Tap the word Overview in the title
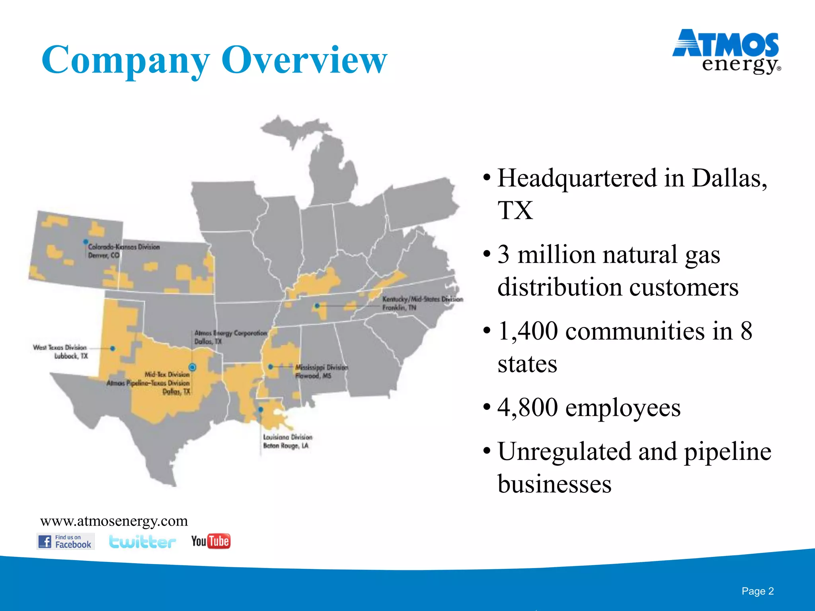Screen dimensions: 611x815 click(x=304, y=60)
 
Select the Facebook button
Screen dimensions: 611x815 click(x=66, y=541)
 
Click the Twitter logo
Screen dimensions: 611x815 click(x=142, y=541)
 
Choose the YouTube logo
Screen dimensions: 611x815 click(x=211, y=541)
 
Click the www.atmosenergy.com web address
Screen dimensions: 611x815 click(x=114, y=521)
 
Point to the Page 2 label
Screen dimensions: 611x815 click(x=757, y=591)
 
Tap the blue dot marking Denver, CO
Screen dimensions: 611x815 click(x=86, y=242)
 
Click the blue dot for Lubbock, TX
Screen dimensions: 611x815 click(x=113, y=348)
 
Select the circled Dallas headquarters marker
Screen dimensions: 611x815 click(x=193, y=367)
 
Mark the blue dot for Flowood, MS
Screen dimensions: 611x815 click(x=271, y=367)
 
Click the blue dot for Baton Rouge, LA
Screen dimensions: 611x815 click(x=261, y=409)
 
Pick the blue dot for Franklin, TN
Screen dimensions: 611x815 click(x=317, y=306)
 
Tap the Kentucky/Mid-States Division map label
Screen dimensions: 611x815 click(x=422, y=299)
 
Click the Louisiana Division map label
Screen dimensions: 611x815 click(x=287, y=437)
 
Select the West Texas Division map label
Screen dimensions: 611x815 click(x=60, y=347)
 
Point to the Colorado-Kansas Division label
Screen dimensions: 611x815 click(x=124, y=247)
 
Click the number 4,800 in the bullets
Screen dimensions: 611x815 click(x=527, y=408)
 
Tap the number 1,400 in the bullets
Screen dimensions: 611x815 click(x=527, y=331)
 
